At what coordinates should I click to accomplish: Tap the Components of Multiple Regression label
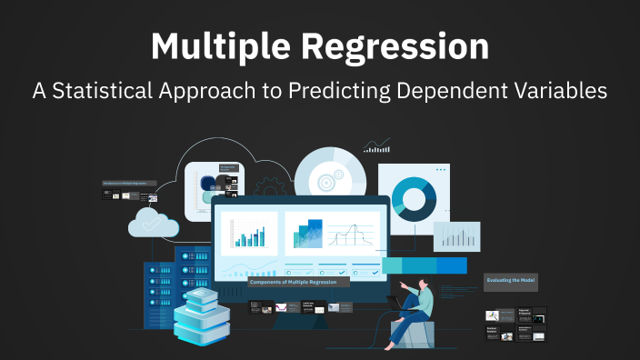coord(295,282)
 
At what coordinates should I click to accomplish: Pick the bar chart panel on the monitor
coord(249,233)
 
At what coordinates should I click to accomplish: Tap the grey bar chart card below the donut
coord(456,236)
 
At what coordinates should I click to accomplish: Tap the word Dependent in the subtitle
coord(452,93)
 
